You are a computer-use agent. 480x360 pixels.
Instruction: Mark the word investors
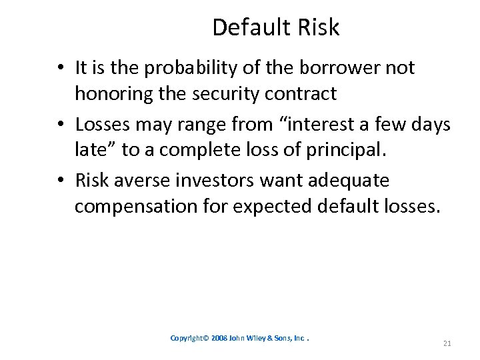(211, 180)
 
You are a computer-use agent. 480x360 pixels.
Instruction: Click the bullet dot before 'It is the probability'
(61, 68)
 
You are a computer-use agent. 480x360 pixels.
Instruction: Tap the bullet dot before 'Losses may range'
(61, 124)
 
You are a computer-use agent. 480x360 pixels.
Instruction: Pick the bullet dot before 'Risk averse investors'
(61, 180)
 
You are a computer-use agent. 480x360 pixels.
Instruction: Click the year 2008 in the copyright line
(219, 338)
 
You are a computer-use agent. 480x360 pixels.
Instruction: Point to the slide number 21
(447, 343)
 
